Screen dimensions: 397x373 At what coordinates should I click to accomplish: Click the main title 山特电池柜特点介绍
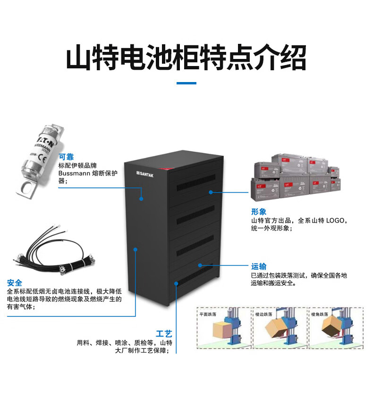[186, 58]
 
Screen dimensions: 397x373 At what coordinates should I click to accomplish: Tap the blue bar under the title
[186, 83]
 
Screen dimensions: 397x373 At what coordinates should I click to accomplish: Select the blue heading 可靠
[66, 157]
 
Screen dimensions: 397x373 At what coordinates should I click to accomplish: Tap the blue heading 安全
[15, 283]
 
